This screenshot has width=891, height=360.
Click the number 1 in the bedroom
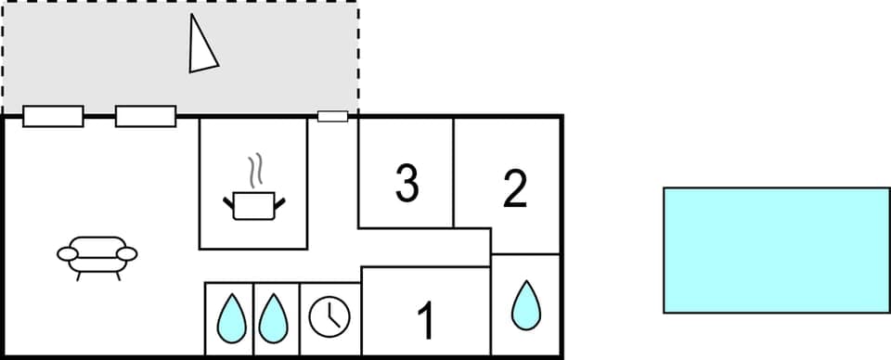[x=425, y=321]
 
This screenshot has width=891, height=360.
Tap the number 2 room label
[x=514, y=188]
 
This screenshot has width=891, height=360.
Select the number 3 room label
[x=407, y=183]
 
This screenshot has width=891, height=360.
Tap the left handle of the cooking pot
[x=228, y=199]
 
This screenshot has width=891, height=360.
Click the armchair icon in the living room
[x=97, y=255]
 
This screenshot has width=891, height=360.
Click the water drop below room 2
[x=526, y=304]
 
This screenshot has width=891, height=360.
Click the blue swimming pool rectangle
[x=776, y=250]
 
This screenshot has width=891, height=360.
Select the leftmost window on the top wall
[x=53, y=116]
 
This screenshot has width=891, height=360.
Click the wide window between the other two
[x=146, y=116]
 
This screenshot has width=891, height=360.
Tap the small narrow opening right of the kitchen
[x=332, y=116]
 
